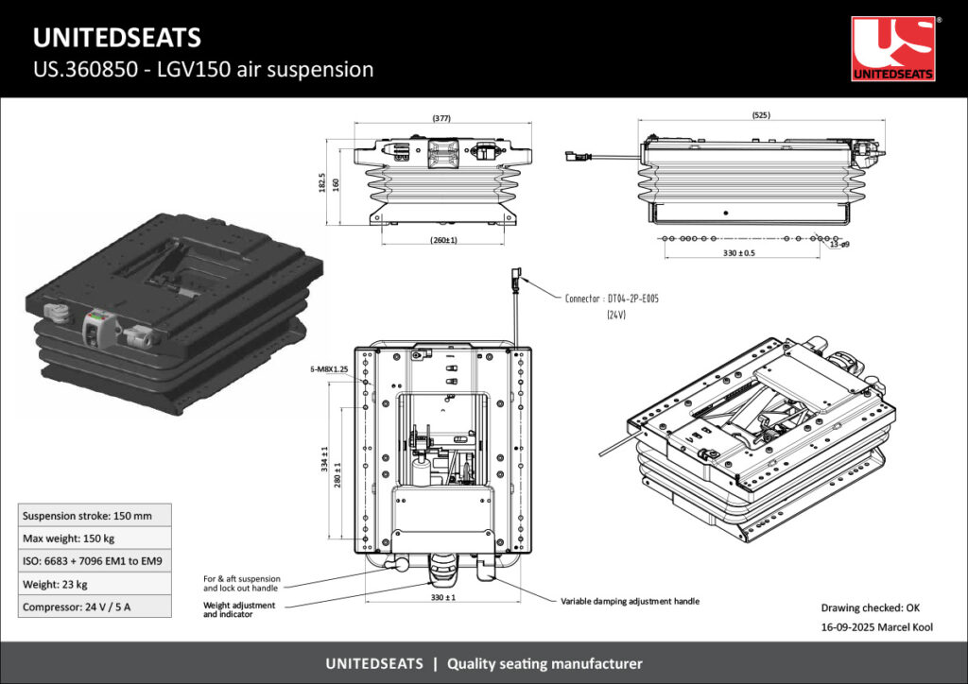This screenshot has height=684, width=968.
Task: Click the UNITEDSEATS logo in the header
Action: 893,48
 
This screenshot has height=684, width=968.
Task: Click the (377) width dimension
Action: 441,119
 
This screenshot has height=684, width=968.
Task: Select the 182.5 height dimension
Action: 322,181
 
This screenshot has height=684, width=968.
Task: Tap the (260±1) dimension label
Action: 443,240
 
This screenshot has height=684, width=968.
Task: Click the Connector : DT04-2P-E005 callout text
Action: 612,299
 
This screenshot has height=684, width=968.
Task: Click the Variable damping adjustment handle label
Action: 630,601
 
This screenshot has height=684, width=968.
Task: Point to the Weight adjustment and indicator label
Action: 239,609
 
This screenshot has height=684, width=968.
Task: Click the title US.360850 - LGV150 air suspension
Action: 203,69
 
